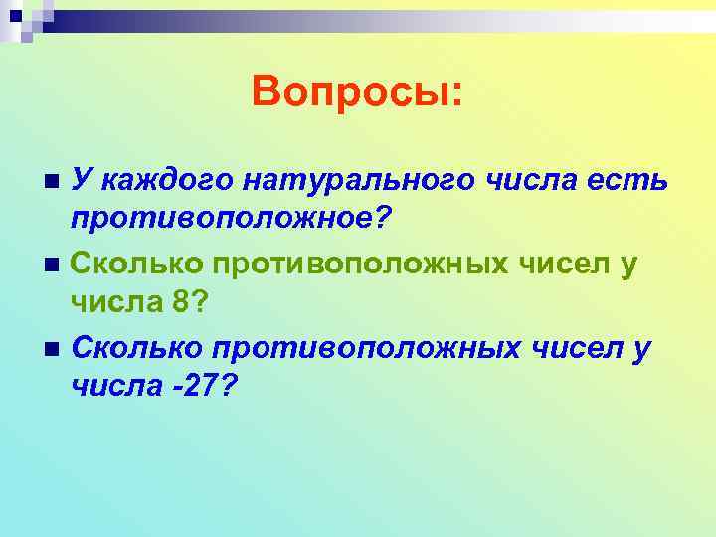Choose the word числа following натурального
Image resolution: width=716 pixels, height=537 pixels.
[x=528, y=180]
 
